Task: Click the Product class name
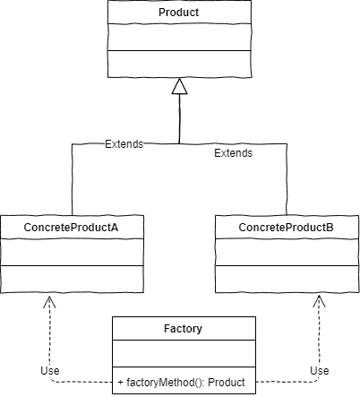(x=178, y=13)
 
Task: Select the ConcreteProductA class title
(x=72, y=229)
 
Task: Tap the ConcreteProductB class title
(x=286, y=229)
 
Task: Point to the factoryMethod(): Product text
(x=186, y=383)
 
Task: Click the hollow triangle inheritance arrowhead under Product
(x=179, y=86)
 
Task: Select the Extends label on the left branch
(x=124, y=143)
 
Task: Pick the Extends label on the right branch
(x=233, y=153)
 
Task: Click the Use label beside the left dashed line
(x=51, y=371)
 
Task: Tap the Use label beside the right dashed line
(x=319, y=371)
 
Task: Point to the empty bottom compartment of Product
(x=178, y=62)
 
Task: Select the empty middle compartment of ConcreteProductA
(x=72, y=254)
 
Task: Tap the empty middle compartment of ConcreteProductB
(x=286, y=254)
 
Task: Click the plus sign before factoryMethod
(x=121, y=383)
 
